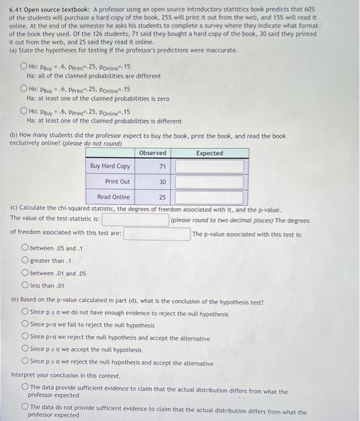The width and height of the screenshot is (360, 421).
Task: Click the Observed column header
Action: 153,153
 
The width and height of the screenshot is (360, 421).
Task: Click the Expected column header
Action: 209,153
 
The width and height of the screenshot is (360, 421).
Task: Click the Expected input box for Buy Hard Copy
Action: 209,166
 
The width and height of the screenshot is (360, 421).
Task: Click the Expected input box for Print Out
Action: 209,182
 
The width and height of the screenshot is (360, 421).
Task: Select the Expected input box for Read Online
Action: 209,197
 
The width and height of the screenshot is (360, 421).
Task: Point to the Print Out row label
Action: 117,182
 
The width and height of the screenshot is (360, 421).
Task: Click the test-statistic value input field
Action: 135,220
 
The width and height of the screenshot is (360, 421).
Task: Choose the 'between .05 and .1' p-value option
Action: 25,248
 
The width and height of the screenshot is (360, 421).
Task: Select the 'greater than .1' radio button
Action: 25,260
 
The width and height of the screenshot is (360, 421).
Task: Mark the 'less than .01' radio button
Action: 25,285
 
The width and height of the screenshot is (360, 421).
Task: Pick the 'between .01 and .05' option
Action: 25,273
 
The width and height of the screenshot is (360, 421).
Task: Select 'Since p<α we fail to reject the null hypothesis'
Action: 25,325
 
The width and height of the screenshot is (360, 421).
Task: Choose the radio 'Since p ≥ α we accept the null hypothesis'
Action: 25,350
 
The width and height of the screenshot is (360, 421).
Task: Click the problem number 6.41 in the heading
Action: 15,10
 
